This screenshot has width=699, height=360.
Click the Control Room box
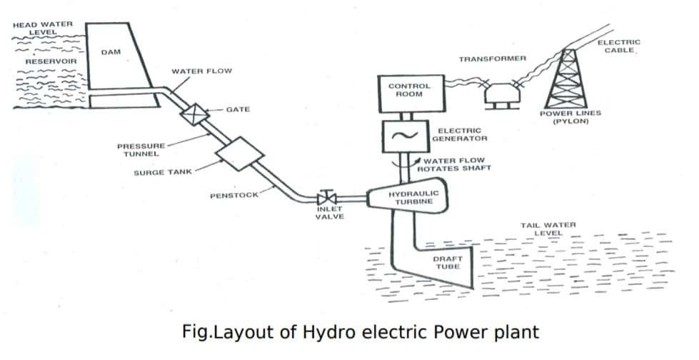pos(409,93)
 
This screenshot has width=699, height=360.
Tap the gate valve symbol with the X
pos(193,112)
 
